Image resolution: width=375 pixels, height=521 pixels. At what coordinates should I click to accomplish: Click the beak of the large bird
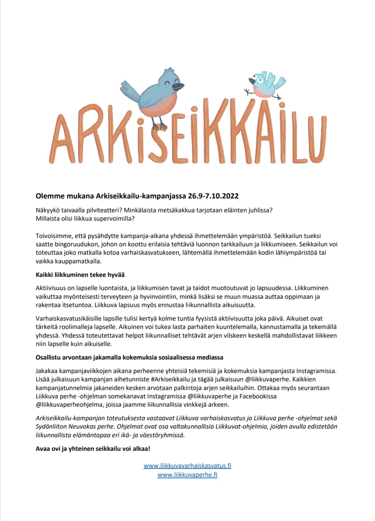pyautogui.click(x=178, y=86)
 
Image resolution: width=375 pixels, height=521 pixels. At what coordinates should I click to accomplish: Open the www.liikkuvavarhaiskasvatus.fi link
pyautogui.click(x=187, y=466)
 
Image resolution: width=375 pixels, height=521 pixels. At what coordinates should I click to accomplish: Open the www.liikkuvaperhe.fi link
pyautogui.click(x=187, y=475)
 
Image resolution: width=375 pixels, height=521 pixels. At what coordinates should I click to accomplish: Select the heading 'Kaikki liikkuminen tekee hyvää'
pyautogui.click(x=80, y=275)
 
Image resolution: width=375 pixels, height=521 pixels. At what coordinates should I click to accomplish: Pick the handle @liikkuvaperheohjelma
pyautogui.click(x=69, y=405)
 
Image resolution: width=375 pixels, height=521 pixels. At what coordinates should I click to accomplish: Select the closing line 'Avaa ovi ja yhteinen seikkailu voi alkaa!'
pyautogui.click(x=93, y=449)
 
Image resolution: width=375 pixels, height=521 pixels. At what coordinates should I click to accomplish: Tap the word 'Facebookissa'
pyautogui.click(x=257, y=396)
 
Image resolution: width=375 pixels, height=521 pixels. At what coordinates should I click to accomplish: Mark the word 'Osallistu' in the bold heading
pyautogui.click(x=49, y=358)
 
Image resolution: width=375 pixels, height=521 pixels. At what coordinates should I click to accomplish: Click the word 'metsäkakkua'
pyautogui.click(x=199, y=210)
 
